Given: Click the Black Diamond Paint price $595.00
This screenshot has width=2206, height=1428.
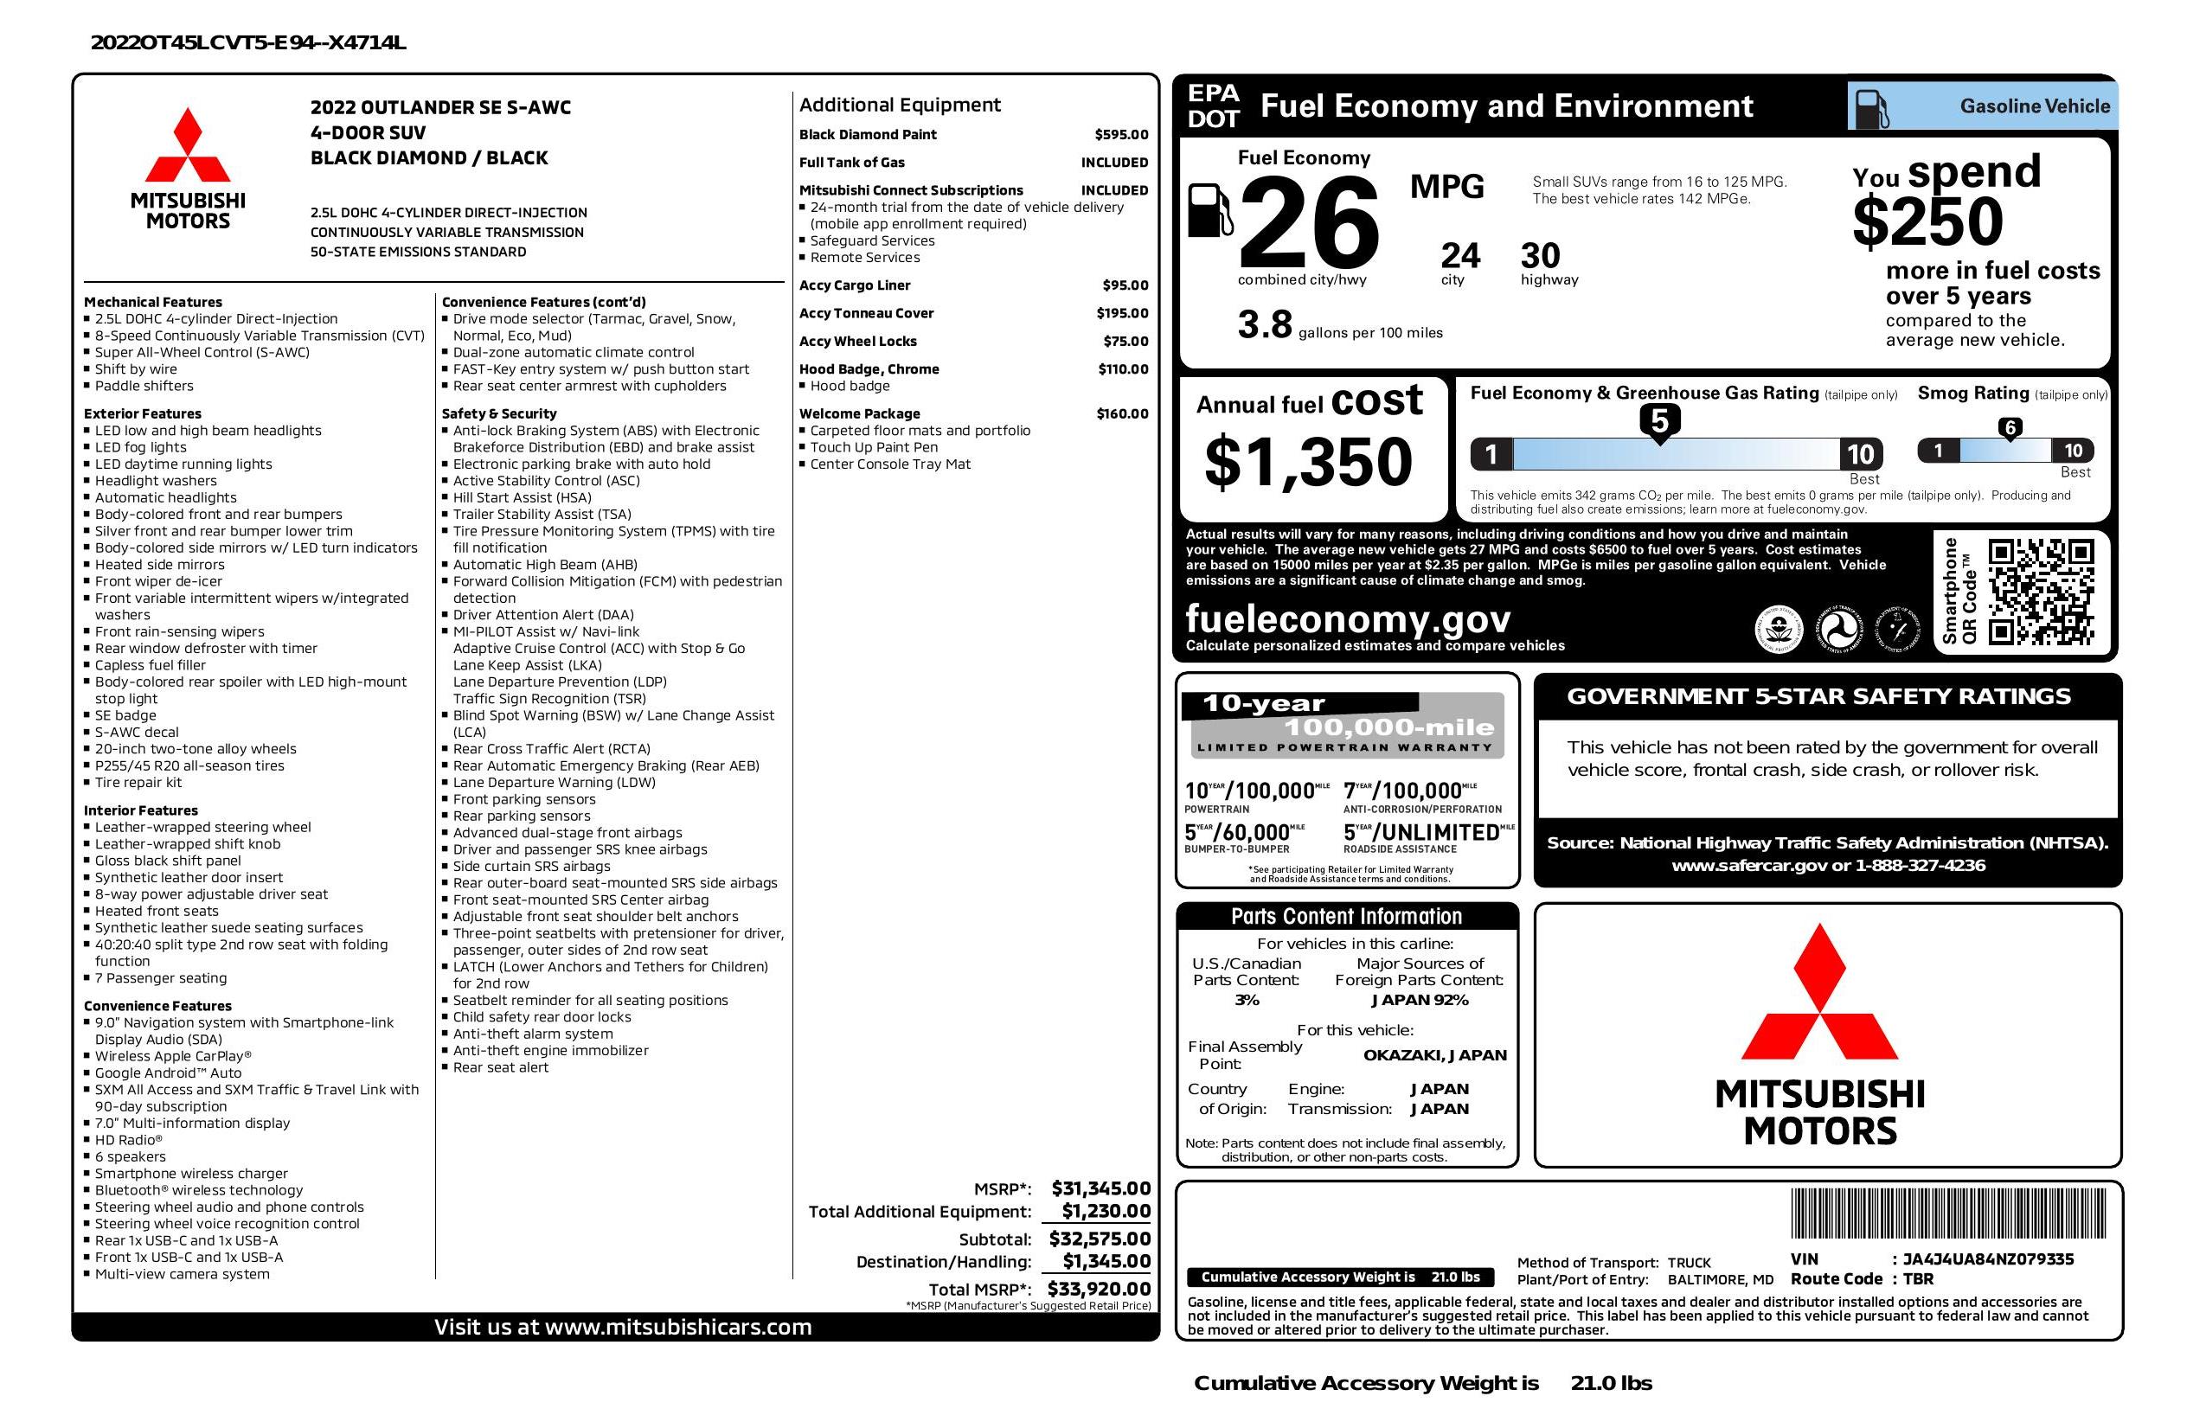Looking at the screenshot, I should pyautogui.click(x=1120, y=134).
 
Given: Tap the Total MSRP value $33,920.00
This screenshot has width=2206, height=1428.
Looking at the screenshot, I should pyautogui.click(x=1099, y=1288).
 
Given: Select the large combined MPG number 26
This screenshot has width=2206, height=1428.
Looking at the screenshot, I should pyautogui.click(x=1308, y=224).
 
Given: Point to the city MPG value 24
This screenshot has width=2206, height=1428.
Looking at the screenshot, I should pyautogui.click(x=1460, y=256).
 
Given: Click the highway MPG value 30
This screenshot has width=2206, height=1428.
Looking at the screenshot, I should pyautogui.click(x=1541, y=256).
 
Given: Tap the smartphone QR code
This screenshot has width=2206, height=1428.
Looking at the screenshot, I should pyautogui.click(x=2040, y=592).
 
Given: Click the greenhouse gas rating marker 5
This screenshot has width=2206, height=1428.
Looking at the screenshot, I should pyautogui.click(x=1659, y=421).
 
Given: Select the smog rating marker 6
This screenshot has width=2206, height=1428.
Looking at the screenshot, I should pyautogui.click(x=2010, y=427).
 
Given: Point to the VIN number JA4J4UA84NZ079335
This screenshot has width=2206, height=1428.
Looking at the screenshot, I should pyautogui.click(x=1988, y=1258).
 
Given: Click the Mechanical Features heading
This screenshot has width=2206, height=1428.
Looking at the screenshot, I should pyautogui.click(x=153, y=302).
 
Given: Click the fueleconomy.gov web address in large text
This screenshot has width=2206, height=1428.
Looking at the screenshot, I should pyautogui.click(x=1348, y=618).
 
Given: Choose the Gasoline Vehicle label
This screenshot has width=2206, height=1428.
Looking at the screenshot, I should pyautogui.click(x=2035, y=106).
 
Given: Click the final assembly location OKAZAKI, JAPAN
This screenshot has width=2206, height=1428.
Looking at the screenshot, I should pyautogui.click(x=1434, y=1054).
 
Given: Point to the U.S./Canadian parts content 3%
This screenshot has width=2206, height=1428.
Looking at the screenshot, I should pyautogui.click(x=1247, y=1000).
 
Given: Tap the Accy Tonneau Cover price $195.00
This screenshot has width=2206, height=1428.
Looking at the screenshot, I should pyautogui.click(x=1121, y=313).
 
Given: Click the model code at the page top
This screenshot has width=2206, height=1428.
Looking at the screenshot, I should pyautogui.click(x=248, y=42).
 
